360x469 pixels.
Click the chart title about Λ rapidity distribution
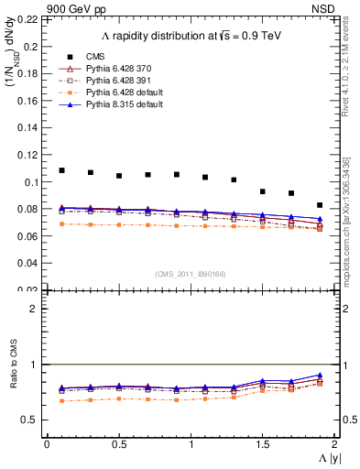click(x=187, y=36)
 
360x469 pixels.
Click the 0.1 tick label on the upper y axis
click(x=33, y=182)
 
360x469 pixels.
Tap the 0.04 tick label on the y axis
click(x=30, y=264)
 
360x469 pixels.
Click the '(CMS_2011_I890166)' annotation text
click(x=190, y=274)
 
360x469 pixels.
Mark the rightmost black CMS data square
click(x=320, y=205)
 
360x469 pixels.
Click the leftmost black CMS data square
click(x=62, y=170)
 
